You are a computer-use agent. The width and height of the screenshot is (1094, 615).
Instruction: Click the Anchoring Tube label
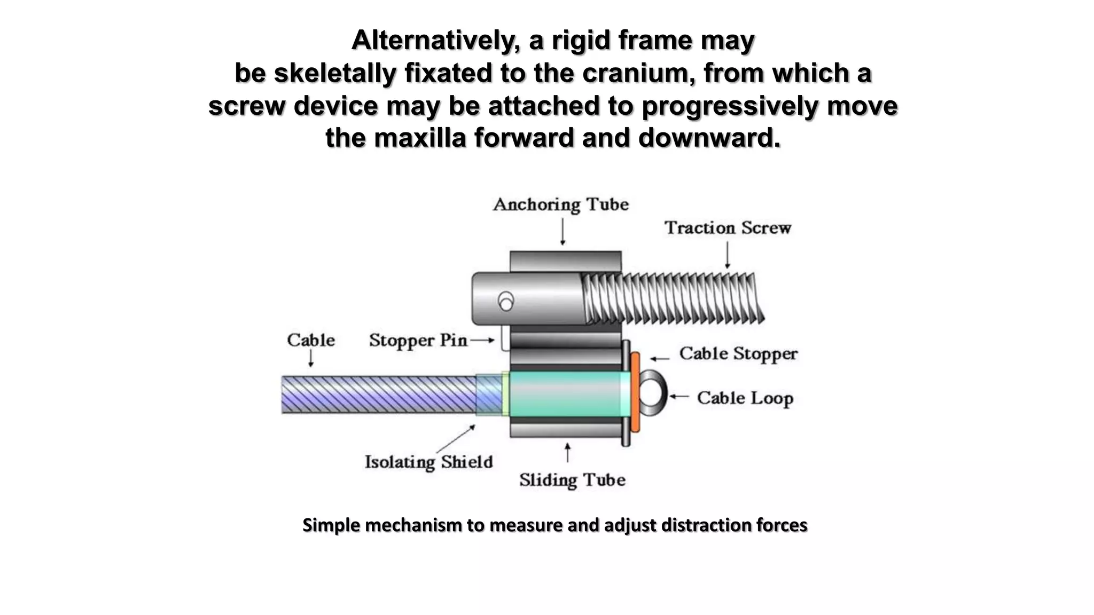pyautogui.click(x=560, y=204)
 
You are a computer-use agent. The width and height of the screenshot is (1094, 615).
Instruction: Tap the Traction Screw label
pyautogui.click(x=728, y=228)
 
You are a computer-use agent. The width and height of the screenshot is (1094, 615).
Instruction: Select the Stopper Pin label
pyautogui.click(x=418, y=341)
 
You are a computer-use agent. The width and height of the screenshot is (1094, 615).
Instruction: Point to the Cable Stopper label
pyautogui.click(x=738, y=354)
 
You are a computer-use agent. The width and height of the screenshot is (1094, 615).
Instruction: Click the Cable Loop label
pyautogui.click(x=745, y=398)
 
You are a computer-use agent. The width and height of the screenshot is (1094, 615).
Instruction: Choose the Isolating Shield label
pyautogui.click(x=428, y=462)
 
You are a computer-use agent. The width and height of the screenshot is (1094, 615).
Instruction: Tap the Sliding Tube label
pyautogui.click(x=572, y=480)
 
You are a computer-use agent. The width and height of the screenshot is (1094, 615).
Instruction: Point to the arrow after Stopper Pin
pyautogui.click(x=483, y=340)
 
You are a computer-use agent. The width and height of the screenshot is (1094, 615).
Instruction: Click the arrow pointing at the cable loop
pyautogui.click(x=679, y=396)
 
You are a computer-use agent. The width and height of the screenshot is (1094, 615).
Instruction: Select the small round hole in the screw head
pyautogui.click(x=505, y=303)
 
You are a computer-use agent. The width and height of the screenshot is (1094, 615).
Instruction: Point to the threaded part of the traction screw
pyautogui.click(x=673, y=299)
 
